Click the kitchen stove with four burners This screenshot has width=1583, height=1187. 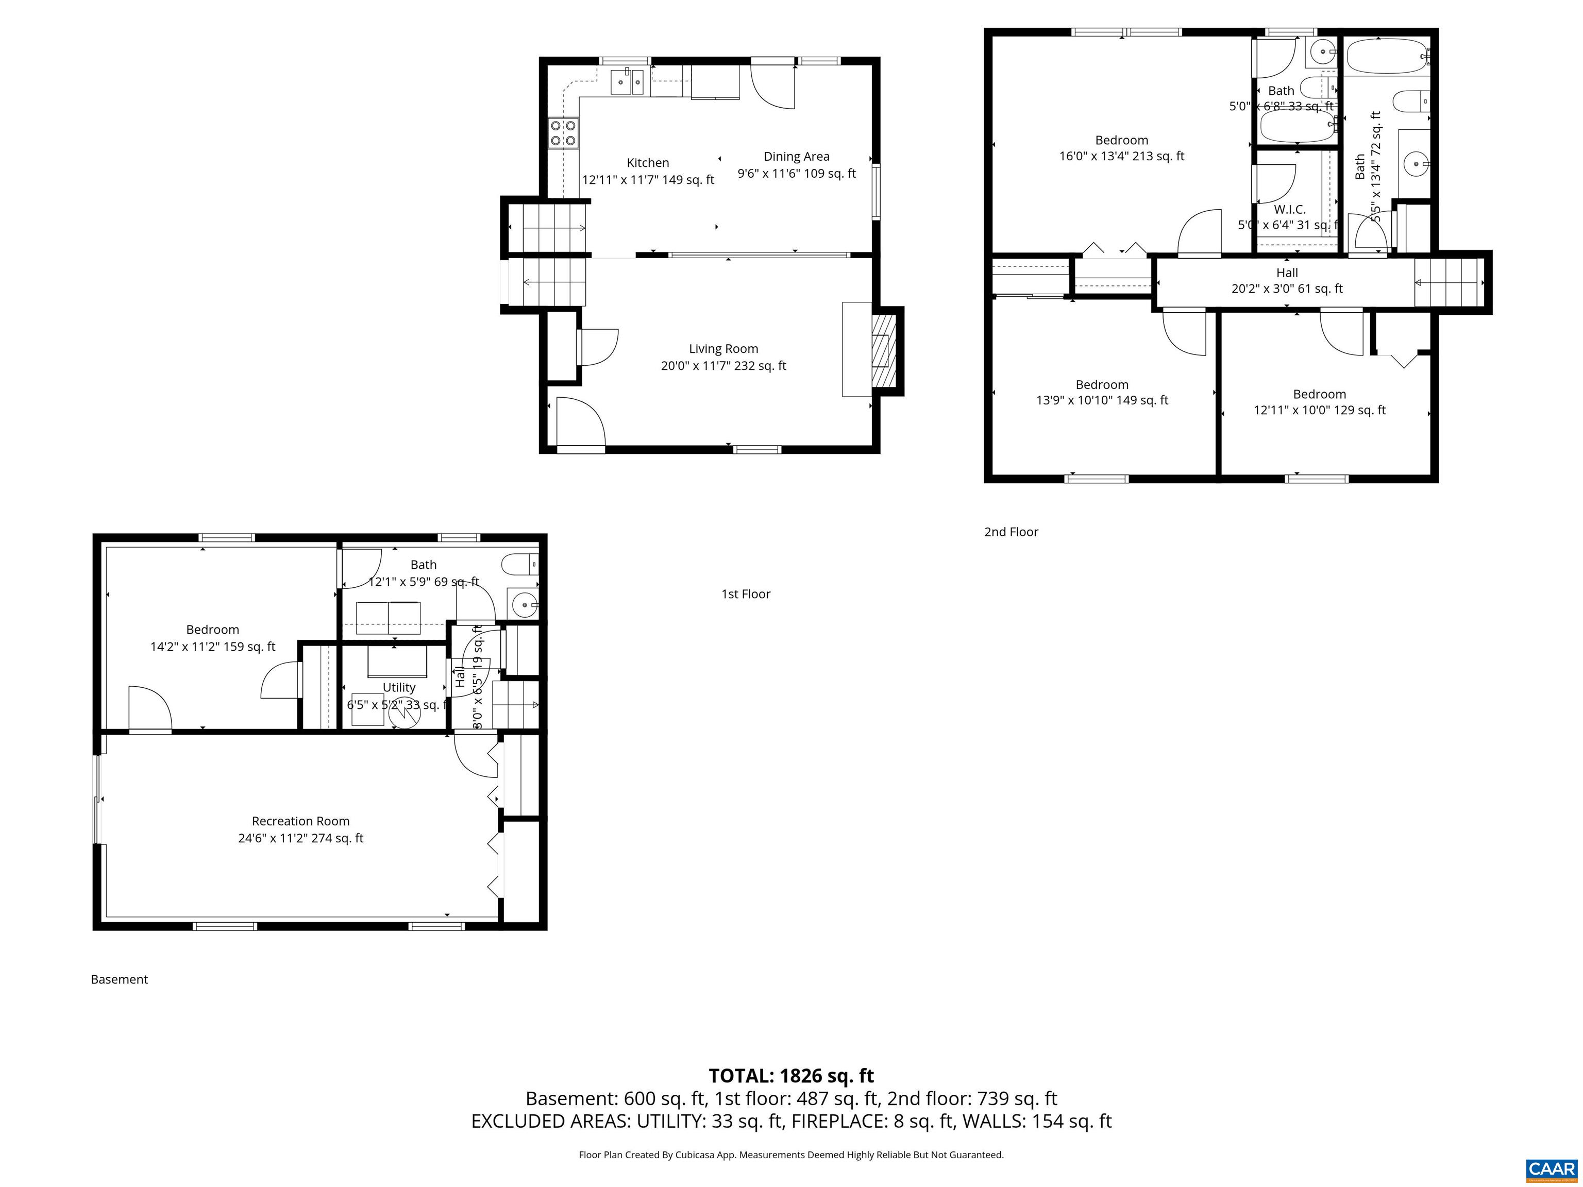pyautogui.click(x=563, y=133)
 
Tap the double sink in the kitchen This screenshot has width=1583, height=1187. pyautogui.click(x=627, y=82)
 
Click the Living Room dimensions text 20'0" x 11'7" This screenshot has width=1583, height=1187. pyautogui.click(x=723, y=366)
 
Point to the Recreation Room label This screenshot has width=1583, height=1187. pyautogui.click(x=300, y=821)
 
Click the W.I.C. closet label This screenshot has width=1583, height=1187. pyautogui.click(x=1290, y=210)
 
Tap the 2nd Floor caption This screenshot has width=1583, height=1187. pyautogui.click(x=1011, y=532)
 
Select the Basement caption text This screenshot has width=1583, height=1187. pyautogui.click(x=119, y=979)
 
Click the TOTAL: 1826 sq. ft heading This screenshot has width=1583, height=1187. pyautogui.click(x=791, y=1075)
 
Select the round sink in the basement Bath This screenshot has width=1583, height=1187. pyautogui.click(x=525, y=605)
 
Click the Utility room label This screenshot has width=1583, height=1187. pyautogui.click(x=399, y=687)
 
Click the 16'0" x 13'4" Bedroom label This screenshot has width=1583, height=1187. pyautogui.click(x=1121, y=148)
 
